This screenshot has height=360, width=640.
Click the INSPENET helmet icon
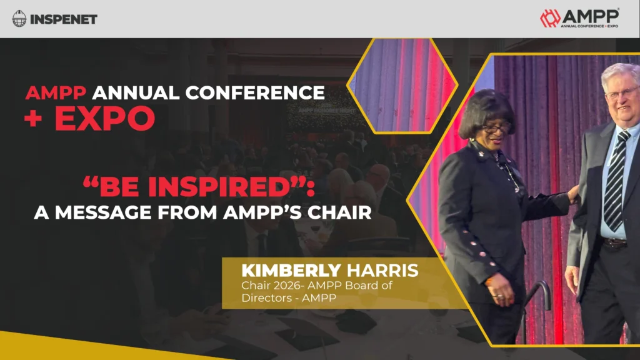pos(19,19)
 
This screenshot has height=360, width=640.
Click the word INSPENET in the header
pos(64,19)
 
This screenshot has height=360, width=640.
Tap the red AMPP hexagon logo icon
pos(550,18)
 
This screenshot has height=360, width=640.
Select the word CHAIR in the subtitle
pos(337,212)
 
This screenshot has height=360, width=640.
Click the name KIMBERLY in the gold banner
pos(291,271)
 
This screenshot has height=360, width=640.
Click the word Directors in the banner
pos(264,297)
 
